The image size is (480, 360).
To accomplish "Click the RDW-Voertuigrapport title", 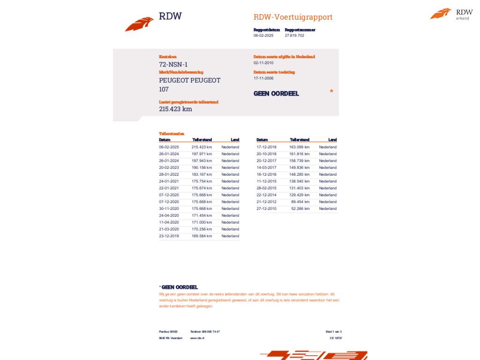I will (293, 17).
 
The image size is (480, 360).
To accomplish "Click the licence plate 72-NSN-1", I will (173, 65).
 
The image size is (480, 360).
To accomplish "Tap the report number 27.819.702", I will (294, 36).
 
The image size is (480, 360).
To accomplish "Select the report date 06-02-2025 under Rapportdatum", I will (263, 36).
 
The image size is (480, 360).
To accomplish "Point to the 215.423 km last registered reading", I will (175, 109).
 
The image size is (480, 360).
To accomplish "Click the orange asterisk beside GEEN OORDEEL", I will (331, 91).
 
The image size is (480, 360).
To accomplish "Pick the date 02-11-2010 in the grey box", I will (263, 63).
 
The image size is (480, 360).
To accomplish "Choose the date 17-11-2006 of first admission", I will (263, 78).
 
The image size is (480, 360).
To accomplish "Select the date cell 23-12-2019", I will (169, 236).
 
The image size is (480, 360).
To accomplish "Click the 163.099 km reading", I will (300, 147).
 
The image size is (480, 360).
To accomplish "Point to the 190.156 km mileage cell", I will (202, 168).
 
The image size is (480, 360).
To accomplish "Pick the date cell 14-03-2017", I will (266, 168).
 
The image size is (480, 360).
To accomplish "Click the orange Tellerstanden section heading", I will (172, 134).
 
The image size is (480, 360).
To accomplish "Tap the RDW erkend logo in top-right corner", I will (451, 14).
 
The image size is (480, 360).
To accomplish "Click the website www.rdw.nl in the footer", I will (197, 338).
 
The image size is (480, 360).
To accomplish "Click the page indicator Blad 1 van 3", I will (334, 331).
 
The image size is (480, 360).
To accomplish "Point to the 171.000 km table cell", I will (202, 223).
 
